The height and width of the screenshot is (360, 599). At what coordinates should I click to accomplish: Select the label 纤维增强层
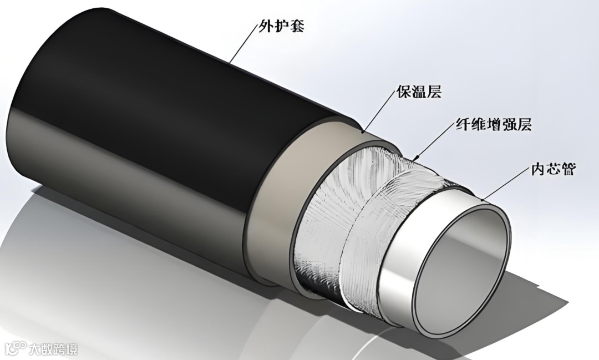pyautogui.click(x=486, y=125)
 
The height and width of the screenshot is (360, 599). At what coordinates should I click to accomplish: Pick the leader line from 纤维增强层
pyautogui.click(x=435, y=141)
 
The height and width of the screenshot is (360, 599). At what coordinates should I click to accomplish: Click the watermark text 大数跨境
pyautogui.click(x=54, y=349)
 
